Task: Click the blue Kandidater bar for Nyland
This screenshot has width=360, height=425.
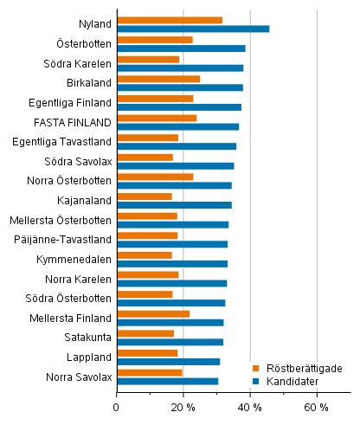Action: (193, 29)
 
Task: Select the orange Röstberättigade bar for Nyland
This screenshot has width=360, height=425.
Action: (170, 20)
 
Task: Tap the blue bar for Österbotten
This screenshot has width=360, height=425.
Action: (181, 48)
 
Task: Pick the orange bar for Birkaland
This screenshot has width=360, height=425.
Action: (158, 79)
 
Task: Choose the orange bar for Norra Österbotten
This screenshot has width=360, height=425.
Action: (155, 177)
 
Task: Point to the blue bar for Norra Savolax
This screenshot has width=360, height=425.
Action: (167, 381)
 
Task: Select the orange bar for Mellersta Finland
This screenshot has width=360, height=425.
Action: (153, 314)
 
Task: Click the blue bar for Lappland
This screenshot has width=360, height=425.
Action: (168, 362)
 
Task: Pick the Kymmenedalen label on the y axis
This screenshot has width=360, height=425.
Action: (74, 260)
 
